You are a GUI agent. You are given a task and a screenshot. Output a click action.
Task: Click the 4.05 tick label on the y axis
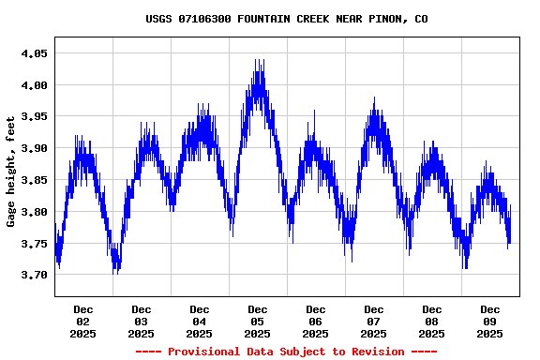[x=34, y=53]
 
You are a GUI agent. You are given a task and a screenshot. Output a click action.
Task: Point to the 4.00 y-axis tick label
[x=34, y=85]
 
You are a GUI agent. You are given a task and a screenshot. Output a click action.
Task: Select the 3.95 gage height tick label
[x=34, y=116]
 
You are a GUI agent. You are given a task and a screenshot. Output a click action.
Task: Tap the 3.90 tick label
[x=34, y=148]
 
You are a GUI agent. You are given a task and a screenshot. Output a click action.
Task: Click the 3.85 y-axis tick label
[x=34, y=180]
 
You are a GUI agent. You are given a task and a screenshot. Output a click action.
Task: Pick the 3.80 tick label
[x=34, y=212]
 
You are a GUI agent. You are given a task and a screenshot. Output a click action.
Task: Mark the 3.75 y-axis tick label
[x=34, y=244]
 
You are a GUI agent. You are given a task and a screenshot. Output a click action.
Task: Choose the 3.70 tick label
[x=34, y=275]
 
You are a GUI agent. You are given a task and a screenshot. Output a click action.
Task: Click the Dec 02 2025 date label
[x=83, y=321]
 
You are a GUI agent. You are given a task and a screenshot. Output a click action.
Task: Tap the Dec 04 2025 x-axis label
[x=200, y=321]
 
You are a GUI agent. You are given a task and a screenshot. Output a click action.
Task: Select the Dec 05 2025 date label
[x=258, y=321]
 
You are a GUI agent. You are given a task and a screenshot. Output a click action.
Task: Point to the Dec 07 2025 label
[x=374, y=321]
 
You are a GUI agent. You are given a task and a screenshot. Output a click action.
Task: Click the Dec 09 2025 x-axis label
[x=490, y=321]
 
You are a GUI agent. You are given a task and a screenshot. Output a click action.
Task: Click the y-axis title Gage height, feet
[x=11, y=172]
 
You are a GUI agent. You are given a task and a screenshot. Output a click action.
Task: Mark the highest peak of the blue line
[x=257, y=60]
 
